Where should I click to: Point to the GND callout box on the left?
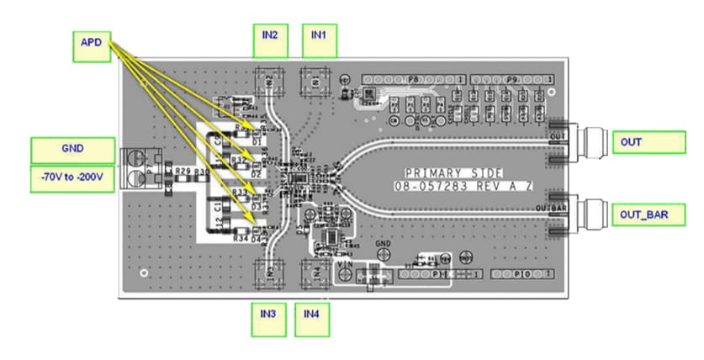[71, 150]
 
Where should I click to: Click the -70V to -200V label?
[71, 179]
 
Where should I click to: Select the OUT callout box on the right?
[643, 142]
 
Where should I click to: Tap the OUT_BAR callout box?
[643, 215]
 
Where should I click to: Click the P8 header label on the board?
[413, 79]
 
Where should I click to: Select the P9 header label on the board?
[511, 79]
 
